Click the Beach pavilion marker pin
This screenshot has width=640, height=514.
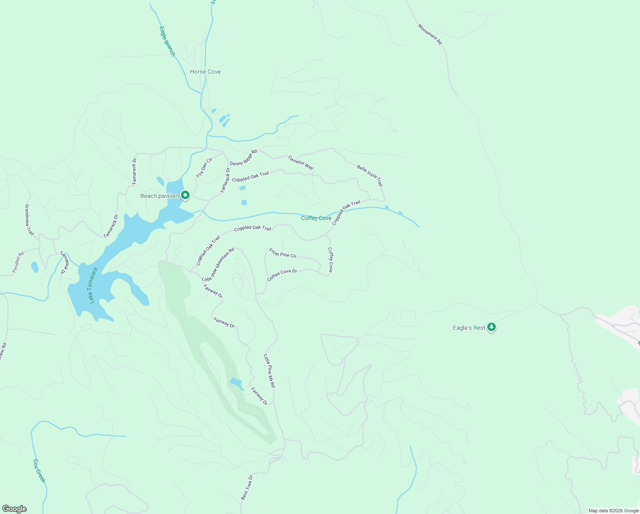tap(185, 195)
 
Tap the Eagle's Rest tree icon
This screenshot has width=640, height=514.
tap(492, 327)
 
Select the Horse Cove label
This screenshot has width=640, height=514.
tap(205, 72)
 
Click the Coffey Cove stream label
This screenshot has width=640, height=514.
tap(316, 218)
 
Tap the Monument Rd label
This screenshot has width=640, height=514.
tap(430, 34)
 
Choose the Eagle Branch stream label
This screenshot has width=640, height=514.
tap(167, 42)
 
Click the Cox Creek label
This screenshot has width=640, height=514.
tap(39, 471)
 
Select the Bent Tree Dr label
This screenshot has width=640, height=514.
tap(247, 487)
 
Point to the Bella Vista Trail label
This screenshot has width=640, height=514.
tap(370, 175)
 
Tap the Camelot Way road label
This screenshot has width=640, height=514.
tap(301, 163)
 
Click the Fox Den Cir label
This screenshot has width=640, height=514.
tap(204, 167)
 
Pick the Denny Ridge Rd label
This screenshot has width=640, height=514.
tap(243, 158)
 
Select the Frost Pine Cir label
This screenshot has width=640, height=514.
tap(283, 253)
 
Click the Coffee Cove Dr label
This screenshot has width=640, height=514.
tap(282, 275)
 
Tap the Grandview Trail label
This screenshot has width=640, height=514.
tap(29, 220)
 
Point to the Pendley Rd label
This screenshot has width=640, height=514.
tap(18, 262)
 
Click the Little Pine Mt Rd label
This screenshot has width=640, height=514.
tap(270, 371)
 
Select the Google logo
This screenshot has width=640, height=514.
tap(14, 509)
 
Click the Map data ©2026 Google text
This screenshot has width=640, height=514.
tap(613, 511)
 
